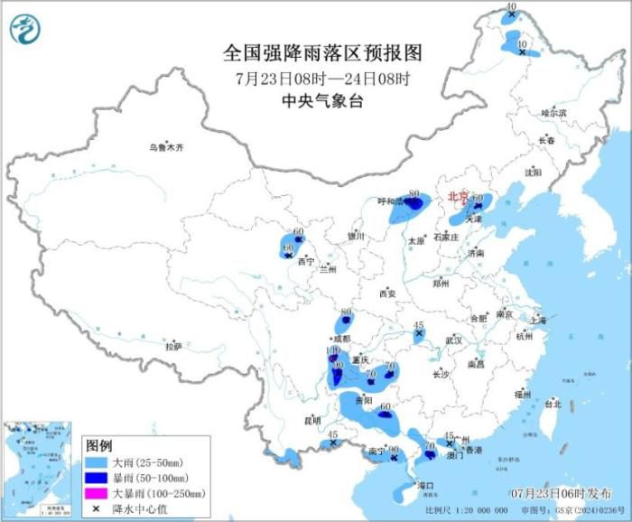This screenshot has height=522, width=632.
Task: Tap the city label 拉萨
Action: pos(173,346)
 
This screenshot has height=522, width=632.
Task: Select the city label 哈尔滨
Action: pos(553,113)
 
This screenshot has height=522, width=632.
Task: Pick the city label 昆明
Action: pos(311,420)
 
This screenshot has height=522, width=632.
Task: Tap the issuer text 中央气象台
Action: pos(323,101)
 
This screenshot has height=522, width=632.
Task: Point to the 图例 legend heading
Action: pos(98,446)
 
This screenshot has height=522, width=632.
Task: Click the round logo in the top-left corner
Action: pos(25,30)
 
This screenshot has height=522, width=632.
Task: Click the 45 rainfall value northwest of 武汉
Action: pos(418,325)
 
